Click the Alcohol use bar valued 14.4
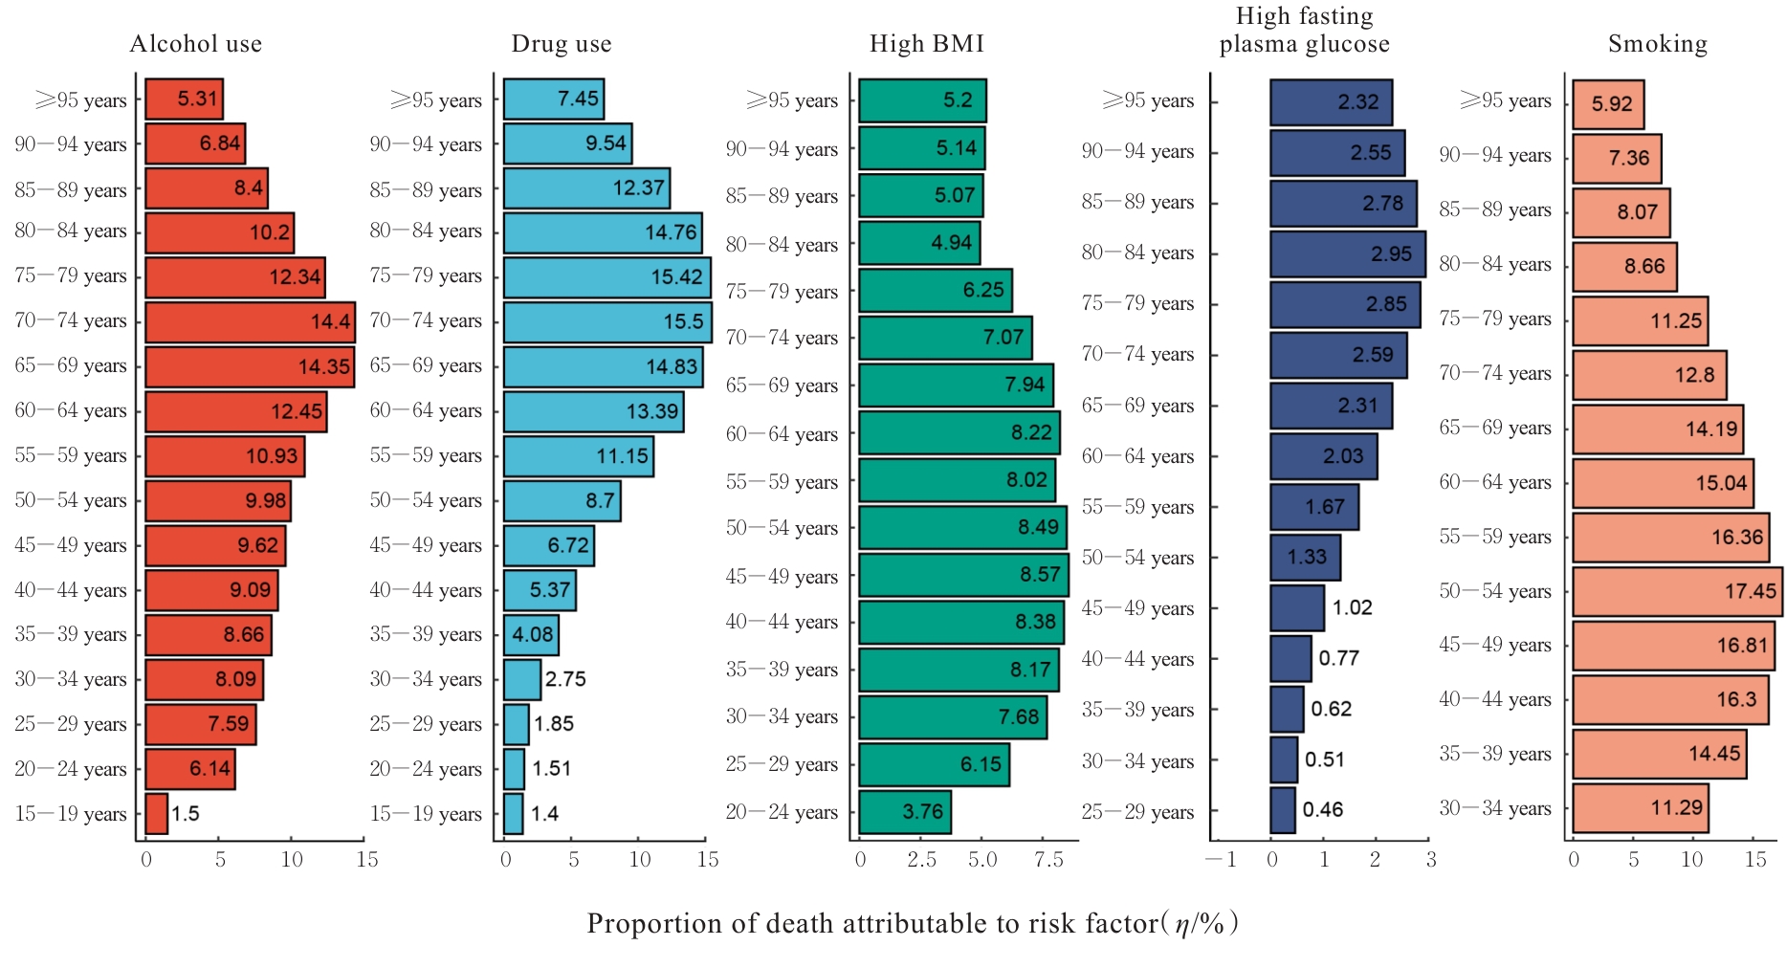(249, 321)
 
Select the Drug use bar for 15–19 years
(513, 814)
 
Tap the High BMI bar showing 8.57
(962, 575)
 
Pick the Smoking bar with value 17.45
(1676, 591)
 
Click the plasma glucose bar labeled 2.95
(1347, 253)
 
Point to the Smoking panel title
(1657, 44)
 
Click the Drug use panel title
(561, 44)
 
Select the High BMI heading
(926, 44)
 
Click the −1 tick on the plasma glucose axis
(1221, 860)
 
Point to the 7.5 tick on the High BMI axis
(1048, 860)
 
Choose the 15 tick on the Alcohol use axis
(367, 860)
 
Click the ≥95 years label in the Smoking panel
(1505, 100)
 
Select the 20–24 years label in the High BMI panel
(782, 812)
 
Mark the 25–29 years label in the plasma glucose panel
(1137, 812)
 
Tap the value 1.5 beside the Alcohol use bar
(186, 814)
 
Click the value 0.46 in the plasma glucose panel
(1322, 810)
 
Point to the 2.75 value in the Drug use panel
(565, 679)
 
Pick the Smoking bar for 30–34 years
(1640, 808)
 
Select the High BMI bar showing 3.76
(904, 812)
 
